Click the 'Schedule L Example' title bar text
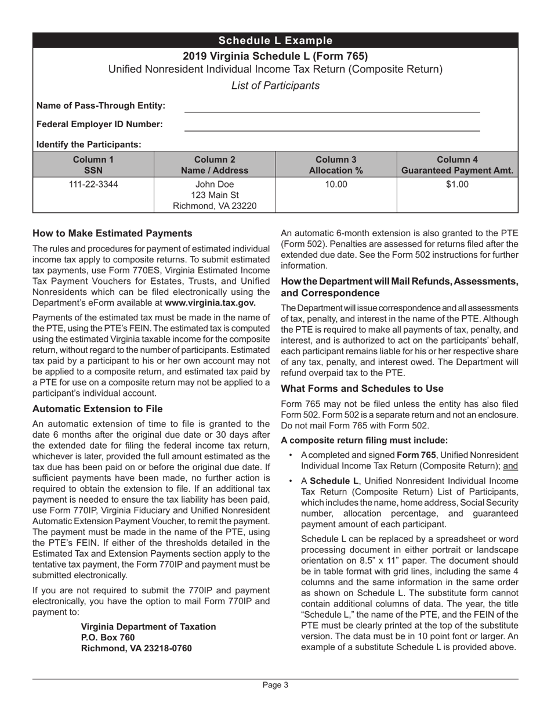(x=275, y=41)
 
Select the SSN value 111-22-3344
(x=93, y=185)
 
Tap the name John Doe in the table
(x=214, y=185)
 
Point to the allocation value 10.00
(x=335, y=185)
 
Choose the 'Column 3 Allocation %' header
(x=335, y=165)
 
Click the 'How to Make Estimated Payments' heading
(x=112, y=233)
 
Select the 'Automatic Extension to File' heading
(x=97, y=409)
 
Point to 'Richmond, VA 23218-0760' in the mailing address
(x=136, y=648)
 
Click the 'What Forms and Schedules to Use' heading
(x=362, y=388)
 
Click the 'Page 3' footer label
(x=275, y=685)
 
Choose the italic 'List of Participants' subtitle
(x=275, y=86)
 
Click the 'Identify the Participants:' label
(x=89, y=144)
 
